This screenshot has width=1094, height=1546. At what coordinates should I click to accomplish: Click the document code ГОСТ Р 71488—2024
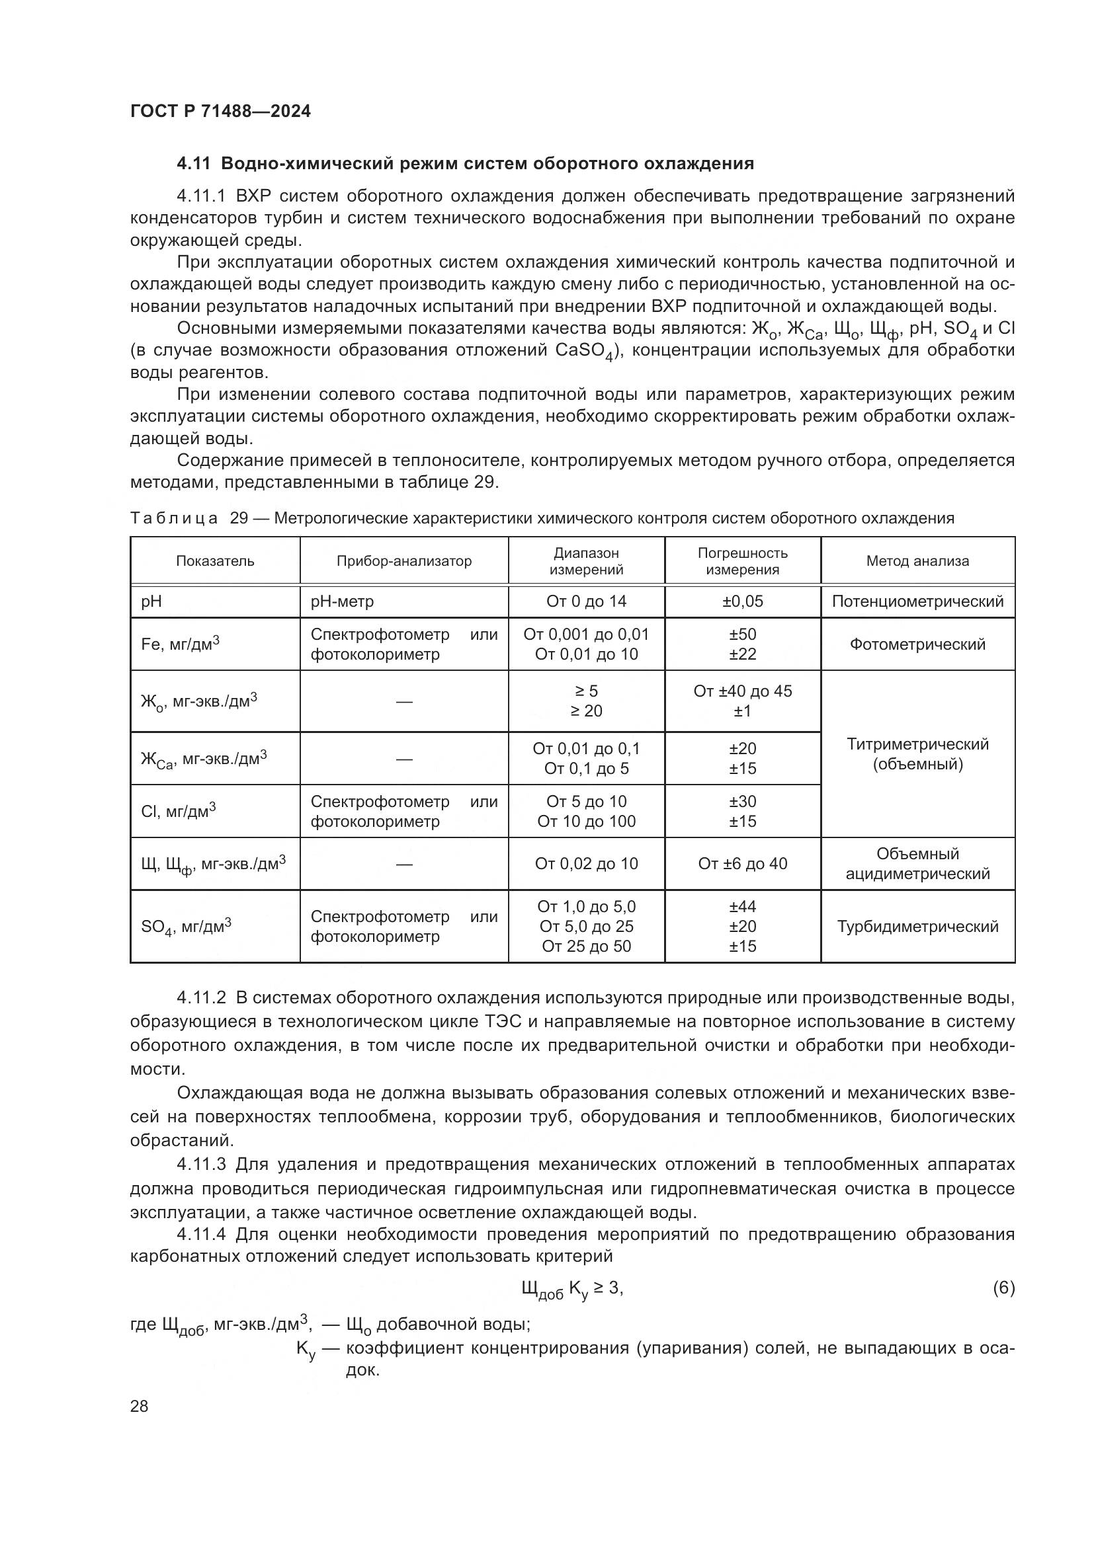pyautogui.click(x=220, y=111)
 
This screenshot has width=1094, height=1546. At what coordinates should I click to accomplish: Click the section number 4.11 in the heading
pyautogui.click(x=193, y=164)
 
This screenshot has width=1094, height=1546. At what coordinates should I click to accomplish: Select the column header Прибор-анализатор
pyautogui.click(x=403, y=561)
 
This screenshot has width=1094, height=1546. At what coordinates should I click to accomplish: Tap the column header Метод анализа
pyautogui.click(x=917, y=561)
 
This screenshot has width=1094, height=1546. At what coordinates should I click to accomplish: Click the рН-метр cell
pyautogui.click(x=341, y=601)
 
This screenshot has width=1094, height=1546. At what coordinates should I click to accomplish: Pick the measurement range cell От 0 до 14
pyautogui.click(x=586, y=601)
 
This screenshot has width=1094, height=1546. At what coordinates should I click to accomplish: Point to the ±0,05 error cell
pyautogui.click(x=742, y=601)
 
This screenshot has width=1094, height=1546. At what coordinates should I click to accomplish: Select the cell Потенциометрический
pyautogui.click(x=917, y=601)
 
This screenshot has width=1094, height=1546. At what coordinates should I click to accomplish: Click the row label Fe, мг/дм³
pyautogui.click(x=181, y=644)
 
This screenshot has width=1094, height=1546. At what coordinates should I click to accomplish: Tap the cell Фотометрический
pyautogui.click(x=917, y=644)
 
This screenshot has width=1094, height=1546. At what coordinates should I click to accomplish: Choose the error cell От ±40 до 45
pyautogui.click(x=742, y=691)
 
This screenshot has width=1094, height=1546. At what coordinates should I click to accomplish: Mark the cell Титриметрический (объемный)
pyautogui.click(x=917, y=754)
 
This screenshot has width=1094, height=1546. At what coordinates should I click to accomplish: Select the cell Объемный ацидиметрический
pyautogui.click(x=917, y=864)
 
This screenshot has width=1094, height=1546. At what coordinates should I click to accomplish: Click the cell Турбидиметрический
pyautogui.click(x=917, y=927)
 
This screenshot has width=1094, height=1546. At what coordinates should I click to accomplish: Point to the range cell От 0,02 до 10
pyautogui.click(x=586, y=864)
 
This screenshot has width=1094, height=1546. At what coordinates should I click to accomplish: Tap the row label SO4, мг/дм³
pyautogui.click(x=186, y=927)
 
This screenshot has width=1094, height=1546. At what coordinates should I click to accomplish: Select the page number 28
pyautogui.click(x=140, y=1406)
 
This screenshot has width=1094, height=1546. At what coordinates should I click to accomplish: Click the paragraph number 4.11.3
pyautogui.click(x=202, y=1164)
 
